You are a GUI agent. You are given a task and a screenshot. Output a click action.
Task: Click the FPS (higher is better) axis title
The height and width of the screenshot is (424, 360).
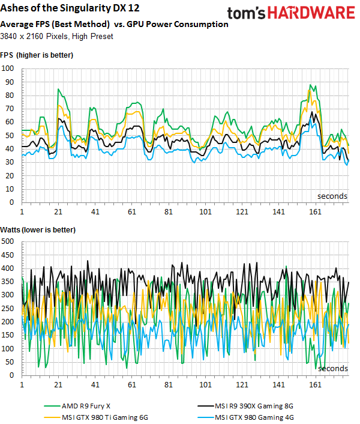37,55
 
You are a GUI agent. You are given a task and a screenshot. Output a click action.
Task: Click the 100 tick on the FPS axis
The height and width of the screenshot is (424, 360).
9,68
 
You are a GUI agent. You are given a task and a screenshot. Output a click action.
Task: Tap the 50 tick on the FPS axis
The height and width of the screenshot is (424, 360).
11,135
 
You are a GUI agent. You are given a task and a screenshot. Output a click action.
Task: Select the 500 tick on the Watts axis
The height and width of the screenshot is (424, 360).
9,241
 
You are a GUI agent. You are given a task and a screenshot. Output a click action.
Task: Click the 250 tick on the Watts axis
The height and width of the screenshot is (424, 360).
9,308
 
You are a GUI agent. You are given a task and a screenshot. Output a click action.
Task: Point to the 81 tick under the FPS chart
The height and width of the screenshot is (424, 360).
169,213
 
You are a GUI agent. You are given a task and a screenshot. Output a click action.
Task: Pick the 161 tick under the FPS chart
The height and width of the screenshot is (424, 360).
315,213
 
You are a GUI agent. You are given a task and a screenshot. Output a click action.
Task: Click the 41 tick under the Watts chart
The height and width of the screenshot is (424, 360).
95,385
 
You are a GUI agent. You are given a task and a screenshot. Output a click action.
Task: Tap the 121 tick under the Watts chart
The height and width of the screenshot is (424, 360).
242,385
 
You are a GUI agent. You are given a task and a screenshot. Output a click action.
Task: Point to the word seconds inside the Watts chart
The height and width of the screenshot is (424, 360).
332,368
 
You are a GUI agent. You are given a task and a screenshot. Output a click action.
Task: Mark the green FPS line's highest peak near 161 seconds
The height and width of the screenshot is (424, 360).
310,85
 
